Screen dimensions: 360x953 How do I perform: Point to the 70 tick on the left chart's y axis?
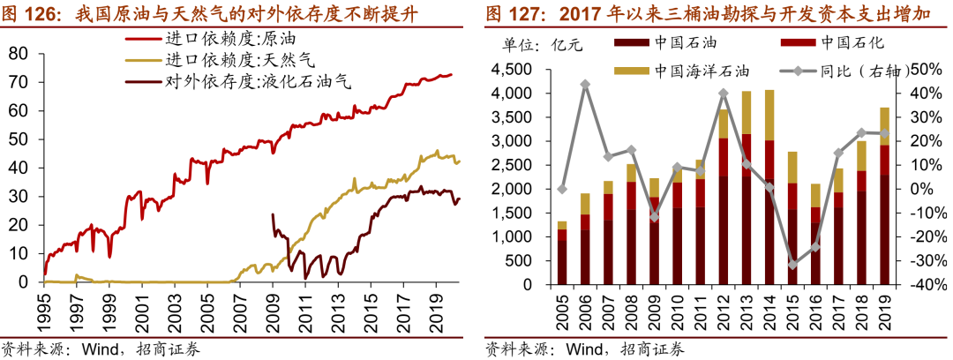[x=19, y=82]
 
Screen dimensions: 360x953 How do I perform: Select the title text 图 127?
[x=519, y=14]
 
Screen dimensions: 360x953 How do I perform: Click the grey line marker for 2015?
[x=792, y=264]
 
